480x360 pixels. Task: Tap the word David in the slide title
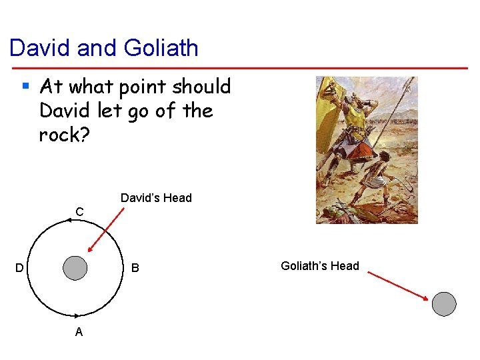(x=41, y=48)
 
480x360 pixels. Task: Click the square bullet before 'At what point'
(x=26, y=86)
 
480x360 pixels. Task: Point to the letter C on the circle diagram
(x=79, y=211)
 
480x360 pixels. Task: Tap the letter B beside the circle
(x=135, y=268)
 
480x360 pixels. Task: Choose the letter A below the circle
(x=79, y=331)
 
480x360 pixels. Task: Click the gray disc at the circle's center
(x=75, y=268)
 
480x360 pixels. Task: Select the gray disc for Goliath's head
(x=444, y=303)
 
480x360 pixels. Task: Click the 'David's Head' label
(x=156, y=197)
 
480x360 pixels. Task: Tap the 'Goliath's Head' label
(x=320, y=266)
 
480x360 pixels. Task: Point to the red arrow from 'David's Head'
(x=106, y=230)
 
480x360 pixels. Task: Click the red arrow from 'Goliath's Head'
(x=397, y=285)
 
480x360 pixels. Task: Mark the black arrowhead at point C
(x=69, y=220)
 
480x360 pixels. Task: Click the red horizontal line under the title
(x=240, y=67)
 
